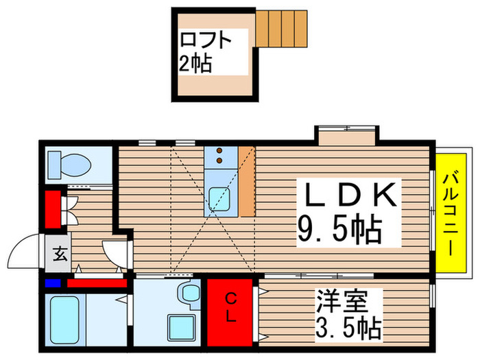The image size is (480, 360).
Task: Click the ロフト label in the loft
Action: (206, 40)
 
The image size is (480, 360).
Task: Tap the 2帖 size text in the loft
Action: (196, 65)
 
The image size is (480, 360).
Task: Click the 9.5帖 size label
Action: (339, 230)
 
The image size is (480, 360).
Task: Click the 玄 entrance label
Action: (60, 254)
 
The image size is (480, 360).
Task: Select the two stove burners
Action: (220, 156)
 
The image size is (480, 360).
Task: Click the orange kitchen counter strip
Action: (247, 181)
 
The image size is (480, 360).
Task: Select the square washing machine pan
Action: (181, 327)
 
